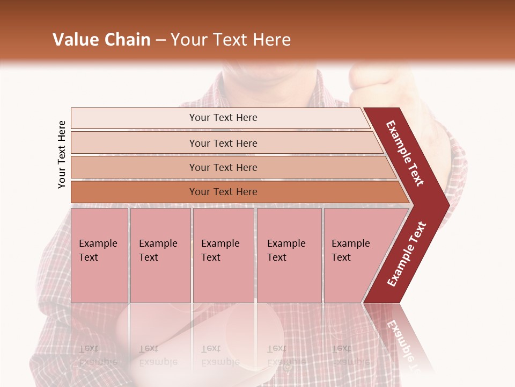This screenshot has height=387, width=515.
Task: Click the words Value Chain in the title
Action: click(x=101, y=40)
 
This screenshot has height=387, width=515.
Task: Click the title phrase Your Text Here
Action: click(x=231, y=40)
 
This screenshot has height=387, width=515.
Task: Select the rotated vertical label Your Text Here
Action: click(x=62, y=154)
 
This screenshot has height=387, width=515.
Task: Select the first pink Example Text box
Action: click(x=99, y=255)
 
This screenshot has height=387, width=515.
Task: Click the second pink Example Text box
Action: click(x=160, y=255)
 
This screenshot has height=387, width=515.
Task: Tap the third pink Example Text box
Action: click(x=223, y=255)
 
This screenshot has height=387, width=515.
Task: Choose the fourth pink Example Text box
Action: click(x=289, y=255)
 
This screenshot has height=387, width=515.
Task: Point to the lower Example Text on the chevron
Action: click(x=407, y=254)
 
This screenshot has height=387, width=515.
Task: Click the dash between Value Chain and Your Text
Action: click(x=160, y=40)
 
